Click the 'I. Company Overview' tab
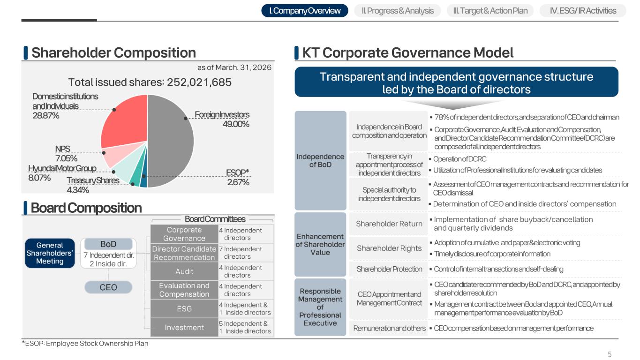(x=305, y=11)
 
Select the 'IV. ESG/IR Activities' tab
(x=583, y=11)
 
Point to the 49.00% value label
(x=236, y=124)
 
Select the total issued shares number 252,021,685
(x=199, y=82)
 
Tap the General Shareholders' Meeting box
(x=50, y=253)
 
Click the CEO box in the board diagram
(x=108, y=287)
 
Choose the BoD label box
(x=108, y=244)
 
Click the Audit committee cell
(x=184, y=271)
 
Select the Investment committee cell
(x=184, y=328)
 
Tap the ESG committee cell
(x=184, y=309)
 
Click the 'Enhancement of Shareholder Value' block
(x=320, y=244)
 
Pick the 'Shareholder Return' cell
(x=389, y=224)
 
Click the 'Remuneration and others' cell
(x=389, y=328)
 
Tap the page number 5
(x=610, y=354)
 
